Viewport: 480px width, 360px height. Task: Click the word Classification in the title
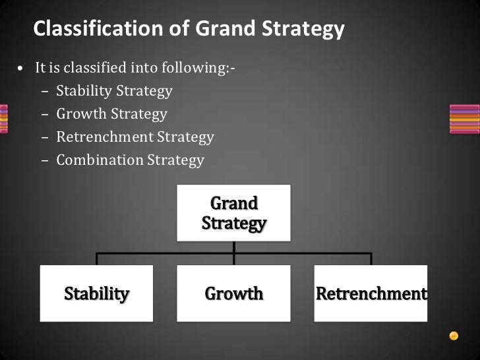(x=87, y=29)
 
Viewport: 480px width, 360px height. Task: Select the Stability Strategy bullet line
(x=114, y=91)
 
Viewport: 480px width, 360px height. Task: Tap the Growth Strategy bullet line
(x=111, y=114)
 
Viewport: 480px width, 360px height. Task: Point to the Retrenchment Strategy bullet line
(x=135, y=137)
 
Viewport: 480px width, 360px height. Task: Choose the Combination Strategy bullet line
(x=130, y=160)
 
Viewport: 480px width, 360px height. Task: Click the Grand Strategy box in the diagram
(x=233, y=213)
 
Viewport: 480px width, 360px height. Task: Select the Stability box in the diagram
(x=96, y=293)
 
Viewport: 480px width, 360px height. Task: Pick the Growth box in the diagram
(x=233, y=293)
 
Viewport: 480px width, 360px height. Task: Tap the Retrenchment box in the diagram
(x=371, y=293)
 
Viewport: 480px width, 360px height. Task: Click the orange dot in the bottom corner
(x=454, y=336)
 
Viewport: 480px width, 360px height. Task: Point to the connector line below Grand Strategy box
(x=234, y=247)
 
